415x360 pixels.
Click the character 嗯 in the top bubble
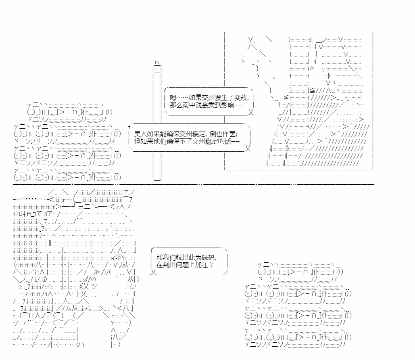pyautogui.click(x=173, y=98)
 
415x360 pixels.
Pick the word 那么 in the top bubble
pyautogui.click(x=176, y=105)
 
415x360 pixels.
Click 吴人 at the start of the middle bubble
pyautogui.click(x=141, y=134)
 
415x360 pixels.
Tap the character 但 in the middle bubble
pyautogui.click(x=138, y=141)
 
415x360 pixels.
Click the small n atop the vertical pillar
pyautogui.click(x=157, y=62)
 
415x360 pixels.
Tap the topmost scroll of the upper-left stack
pyautogui.click(x=70, y=112)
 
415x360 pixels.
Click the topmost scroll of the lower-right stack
pyautogui.click(x=300, y=272)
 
